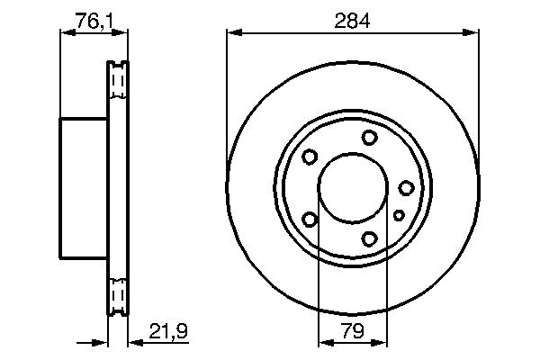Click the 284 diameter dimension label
[352, 19]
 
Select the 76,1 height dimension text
[94, 19]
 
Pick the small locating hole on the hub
[399, 215]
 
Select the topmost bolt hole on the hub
[370, 137]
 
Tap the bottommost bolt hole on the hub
[370, 238]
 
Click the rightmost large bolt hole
[406, 187]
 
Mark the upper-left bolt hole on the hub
[310, 157]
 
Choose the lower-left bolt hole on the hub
[310, 219]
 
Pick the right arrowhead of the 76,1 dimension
[122, 33]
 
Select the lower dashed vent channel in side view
[117, 294]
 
